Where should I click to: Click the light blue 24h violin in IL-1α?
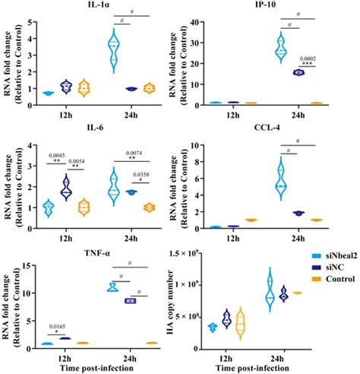pos(115,49)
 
